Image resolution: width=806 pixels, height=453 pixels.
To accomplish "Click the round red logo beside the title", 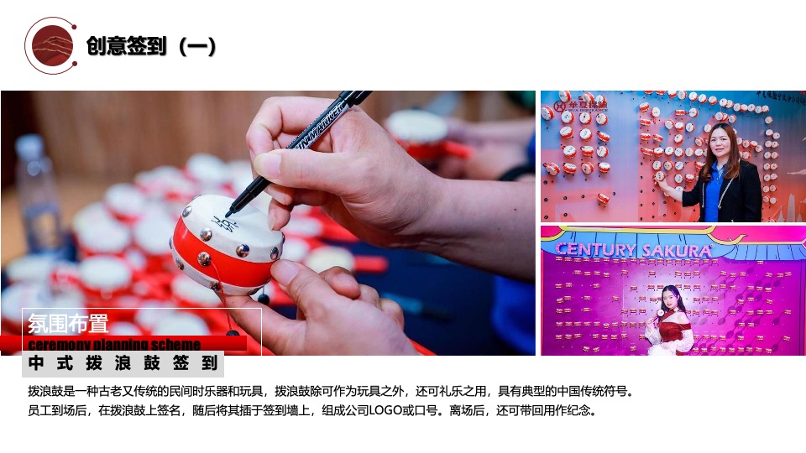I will pyautogui.click(x=51, y=45).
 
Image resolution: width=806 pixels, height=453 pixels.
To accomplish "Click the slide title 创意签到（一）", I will pyautogui.click(x=151, y=46).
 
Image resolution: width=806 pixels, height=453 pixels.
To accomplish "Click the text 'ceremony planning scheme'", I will pyautogui.click(x=114, y=344).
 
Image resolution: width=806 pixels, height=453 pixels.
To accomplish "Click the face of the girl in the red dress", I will pyautogui.click(x=669, y=299).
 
